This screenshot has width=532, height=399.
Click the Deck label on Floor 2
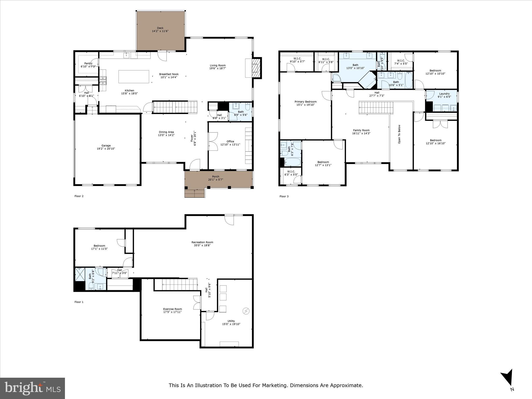pyautogui.click(x=160, y=28)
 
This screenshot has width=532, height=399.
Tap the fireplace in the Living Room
pyautogui.click(x=256, y=68)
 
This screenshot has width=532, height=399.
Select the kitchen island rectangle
pyautogui.click(x=134, y=77)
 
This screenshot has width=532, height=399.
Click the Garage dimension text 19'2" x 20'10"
pyautogui.click(x=106, y=149)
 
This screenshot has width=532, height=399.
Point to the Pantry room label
pyautogui.click(x=88, y=63)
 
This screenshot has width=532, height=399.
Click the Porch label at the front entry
pyautogui.click(x=216, y=177)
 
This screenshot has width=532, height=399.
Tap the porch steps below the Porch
pyautogui.click(x=195, y=194)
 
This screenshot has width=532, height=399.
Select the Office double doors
pyautogui.click(x=213, y=141)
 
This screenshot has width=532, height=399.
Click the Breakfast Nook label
pyautogui.click(x=169, y=74)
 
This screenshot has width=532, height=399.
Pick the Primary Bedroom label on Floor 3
pyautogui.click(x=305, y=102)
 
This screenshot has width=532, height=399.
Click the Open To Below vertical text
pyautogui.click(x=400, y=134)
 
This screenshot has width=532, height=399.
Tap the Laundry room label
pyautogui.click(x=444, y=94)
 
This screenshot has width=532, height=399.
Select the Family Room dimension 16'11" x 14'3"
pyautogui.click(x=361, y=134)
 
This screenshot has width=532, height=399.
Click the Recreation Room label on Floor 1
pyautogui.click(x=202, y=242)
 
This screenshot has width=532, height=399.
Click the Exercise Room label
pyautogui.click(x=172, y=309)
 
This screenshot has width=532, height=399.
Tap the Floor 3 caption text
pyautogui.click(x=284, y=196)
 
